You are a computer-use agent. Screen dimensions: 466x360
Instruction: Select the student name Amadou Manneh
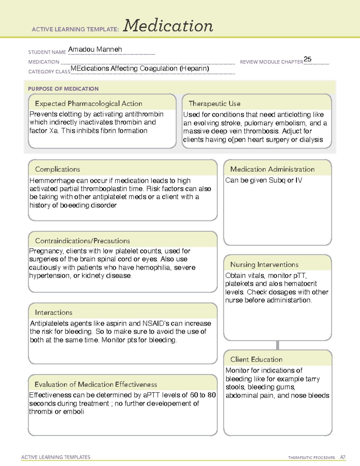(95, 50)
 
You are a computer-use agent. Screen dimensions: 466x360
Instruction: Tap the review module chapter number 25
(307, 59)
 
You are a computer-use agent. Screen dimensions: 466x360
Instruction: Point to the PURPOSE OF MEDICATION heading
(63, 89)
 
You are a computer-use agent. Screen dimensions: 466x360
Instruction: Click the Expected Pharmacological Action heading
(88, 104)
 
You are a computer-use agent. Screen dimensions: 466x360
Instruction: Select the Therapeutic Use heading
(214, 104)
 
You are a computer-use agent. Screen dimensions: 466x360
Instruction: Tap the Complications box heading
(57, 169)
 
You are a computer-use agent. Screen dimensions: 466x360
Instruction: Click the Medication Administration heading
(272, 169)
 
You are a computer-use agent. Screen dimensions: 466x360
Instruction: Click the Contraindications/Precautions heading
(82, 241)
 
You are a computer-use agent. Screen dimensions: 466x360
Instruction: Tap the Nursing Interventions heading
(264, 264)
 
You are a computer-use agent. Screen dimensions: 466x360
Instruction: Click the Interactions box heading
(53, 312)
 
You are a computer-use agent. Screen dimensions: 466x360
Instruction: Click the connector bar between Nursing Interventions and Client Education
(277, 345)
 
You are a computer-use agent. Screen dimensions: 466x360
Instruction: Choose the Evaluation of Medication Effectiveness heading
(96, 384)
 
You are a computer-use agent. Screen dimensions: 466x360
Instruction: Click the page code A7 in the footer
(343, 457)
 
